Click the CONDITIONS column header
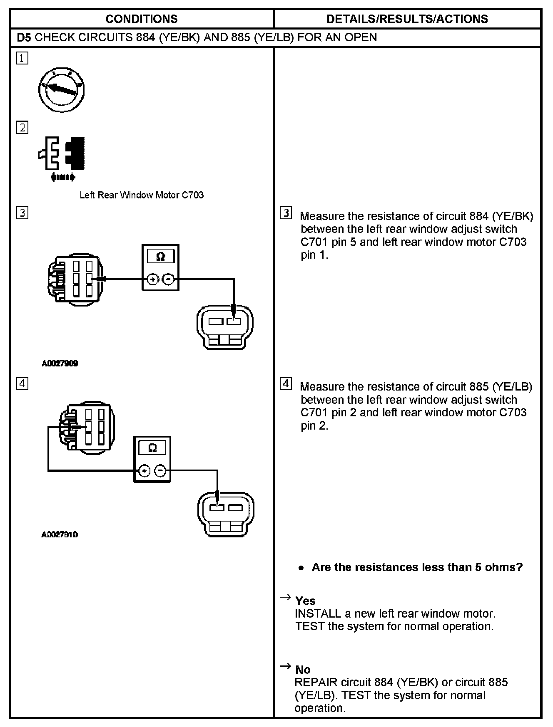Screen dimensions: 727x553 click(x=141, y=19)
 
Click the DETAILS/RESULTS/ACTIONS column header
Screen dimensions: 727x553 click(x=407, y=19)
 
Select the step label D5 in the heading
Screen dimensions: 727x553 click(x=24, y=37)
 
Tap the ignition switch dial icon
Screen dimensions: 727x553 click(x=62, y=90)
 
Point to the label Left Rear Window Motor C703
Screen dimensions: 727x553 click(x=142, y=195)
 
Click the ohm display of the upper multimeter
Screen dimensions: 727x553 click(x=160, y=257)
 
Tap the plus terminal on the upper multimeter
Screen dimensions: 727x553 click(x=153, y=279)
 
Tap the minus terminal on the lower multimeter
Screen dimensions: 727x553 click(x=160, y=471)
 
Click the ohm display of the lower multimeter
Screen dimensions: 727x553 click(x=152, y=448)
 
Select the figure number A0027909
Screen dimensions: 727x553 click(x=60, y=363)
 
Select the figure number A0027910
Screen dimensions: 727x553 click(x=60, y=534)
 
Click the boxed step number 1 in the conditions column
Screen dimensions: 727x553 click(x=22, y=58)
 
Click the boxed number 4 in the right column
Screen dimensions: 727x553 click(x=286, y=383)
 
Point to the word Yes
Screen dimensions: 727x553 click(x=305, y=601)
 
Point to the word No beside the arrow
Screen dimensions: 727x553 click(x=303, y=670)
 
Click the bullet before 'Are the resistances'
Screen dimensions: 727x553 click(x=301, y=568)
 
